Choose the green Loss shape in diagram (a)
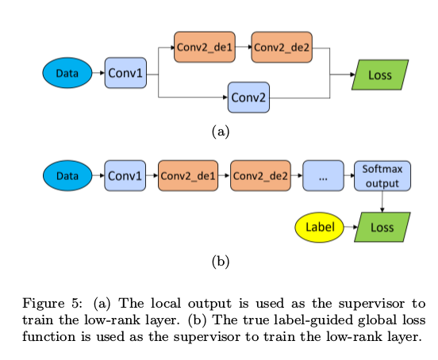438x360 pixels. tap(382, 75)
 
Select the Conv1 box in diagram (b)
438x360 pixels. tap(125, 175)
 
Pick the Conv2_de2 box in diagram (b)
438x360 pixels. tap(260, 175)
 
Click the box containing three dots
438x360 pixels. tap(323, 176)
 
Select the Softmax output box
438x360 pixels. tap(382, 175)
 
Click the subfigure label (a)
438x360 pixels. tap(220, 132)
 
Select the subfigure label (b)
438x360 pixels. tap(220, 262)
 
